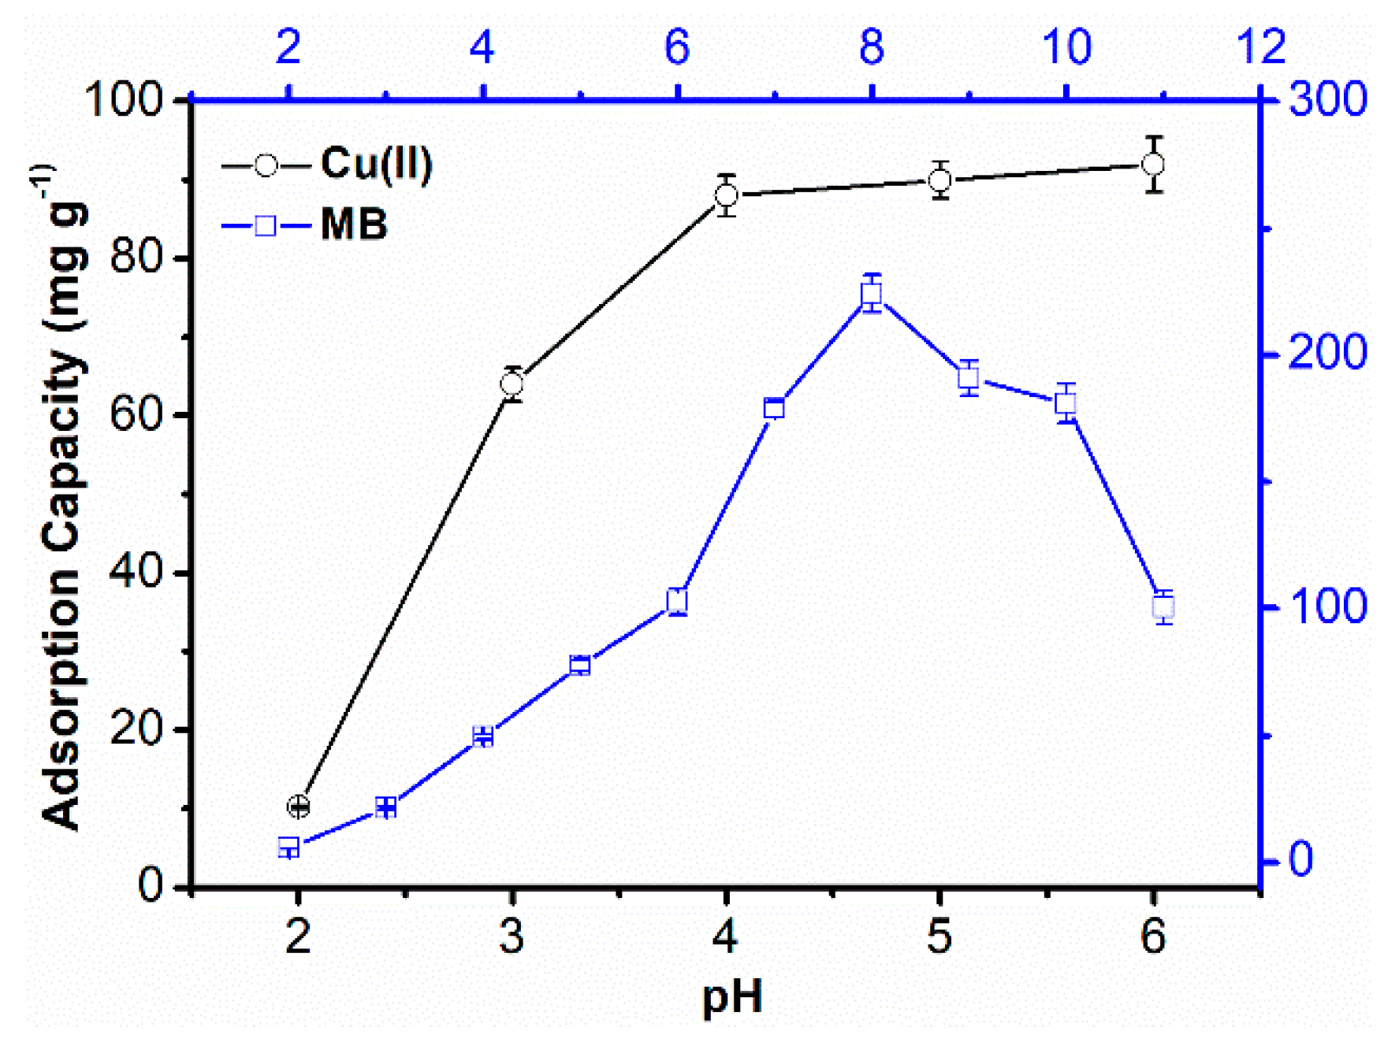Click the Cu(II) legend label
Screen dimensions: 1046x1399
376,164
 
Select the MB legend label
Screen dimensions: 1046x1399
354,225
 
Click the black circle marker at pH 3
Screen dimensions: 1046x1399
512,384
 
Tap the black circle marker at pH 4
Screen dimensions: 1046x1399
726,195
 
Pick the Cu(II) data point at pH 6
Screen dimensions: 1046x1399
1153,165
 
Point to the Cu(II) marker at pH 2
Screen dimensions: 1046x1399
298,806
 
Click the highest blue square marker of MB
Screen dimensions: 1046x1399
871,294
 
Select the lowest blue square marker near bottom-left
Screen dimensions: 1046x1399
288,848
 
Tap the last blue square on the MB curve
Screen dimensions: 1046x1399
1163,607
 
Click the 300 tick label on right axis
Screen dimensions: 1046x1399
1327,100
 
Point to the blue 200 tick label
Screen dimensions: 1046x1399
1327,353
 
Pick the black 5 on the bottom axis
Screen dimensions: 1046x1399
939,937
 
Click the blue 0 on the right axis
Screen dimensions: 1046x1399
1300,859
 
